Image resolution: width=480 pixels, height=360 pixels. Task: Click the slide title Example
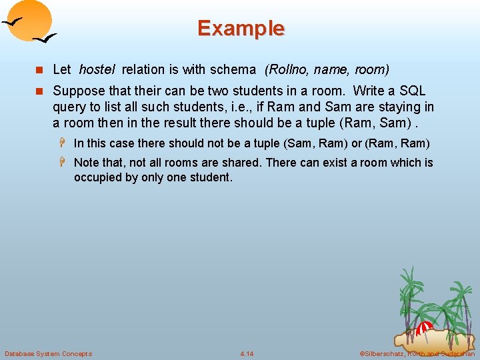(x=241, y=29)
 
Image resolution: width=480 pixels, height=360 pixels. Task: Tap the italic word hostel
(x=97, y=69)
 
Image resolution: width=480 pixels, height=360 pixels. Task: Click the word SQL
(x=411, y=91)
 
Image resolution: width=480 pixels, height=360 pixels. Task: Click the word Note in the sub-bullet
(x=86, y=163)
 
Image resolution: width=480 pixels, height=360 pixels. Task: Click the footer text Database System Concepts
(x=48, y=353)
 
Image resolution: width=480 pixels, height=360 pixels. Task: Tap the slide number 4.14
(x=247, y=353)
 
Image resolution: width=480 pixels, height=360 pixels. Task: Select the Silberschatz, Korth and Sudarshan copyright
(x=417, y=353)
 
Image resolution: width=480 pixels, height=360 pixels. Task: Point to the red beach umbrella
(x=424, y=327)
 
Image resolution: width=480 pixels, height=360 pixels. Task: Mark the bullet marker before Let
(x=41, y=70)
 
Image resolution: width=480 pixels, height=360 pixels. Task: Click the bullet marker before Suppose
(x=41, y=91)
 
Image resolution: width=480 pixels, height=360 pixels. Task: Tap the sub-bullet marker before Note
(x=65, y=163)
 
